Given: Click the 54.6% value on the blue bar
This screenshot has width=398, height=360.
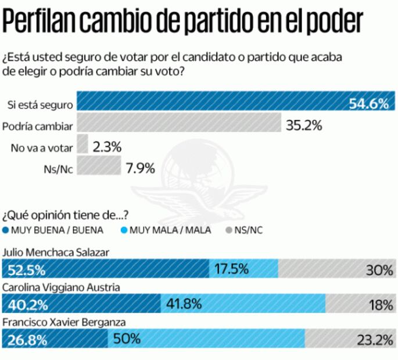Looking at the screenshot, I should (x=368, y=104).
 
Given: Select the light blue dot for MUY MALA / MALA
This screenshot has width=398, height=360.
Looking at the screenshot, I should (x=124, y=230).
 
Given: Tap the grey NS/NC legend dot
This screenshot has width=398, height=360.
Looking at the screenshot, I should (x=228, y=230).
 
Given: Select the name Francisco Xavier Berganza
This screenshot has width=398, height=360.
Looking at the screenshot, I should (x=64, y=322).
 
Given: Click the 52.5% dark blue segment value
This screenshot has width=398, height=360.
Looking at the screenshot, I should (x=26, y=269).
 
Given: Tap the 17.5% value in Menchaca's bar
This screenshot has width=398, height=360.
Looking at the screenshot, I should (x=232, y=269).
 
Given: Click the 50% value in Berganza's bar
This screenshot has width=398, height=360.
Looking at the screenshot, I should (x=127, y=339).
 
